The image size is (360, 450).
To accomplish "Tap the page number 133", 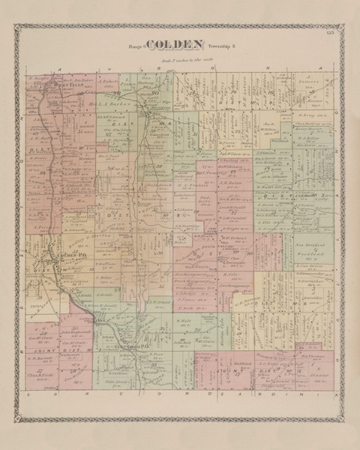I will coord(331,31).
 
